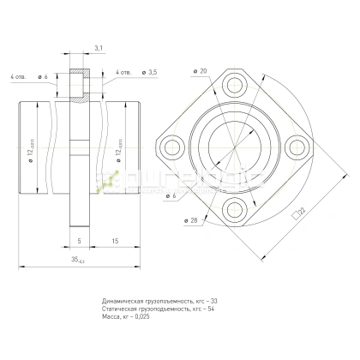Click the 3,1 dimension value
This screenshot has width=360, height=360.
[99, 49]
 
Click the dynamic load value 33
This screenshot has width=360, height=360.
[213, 302]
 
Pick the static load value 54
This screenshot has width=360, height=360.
[212, 309]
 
